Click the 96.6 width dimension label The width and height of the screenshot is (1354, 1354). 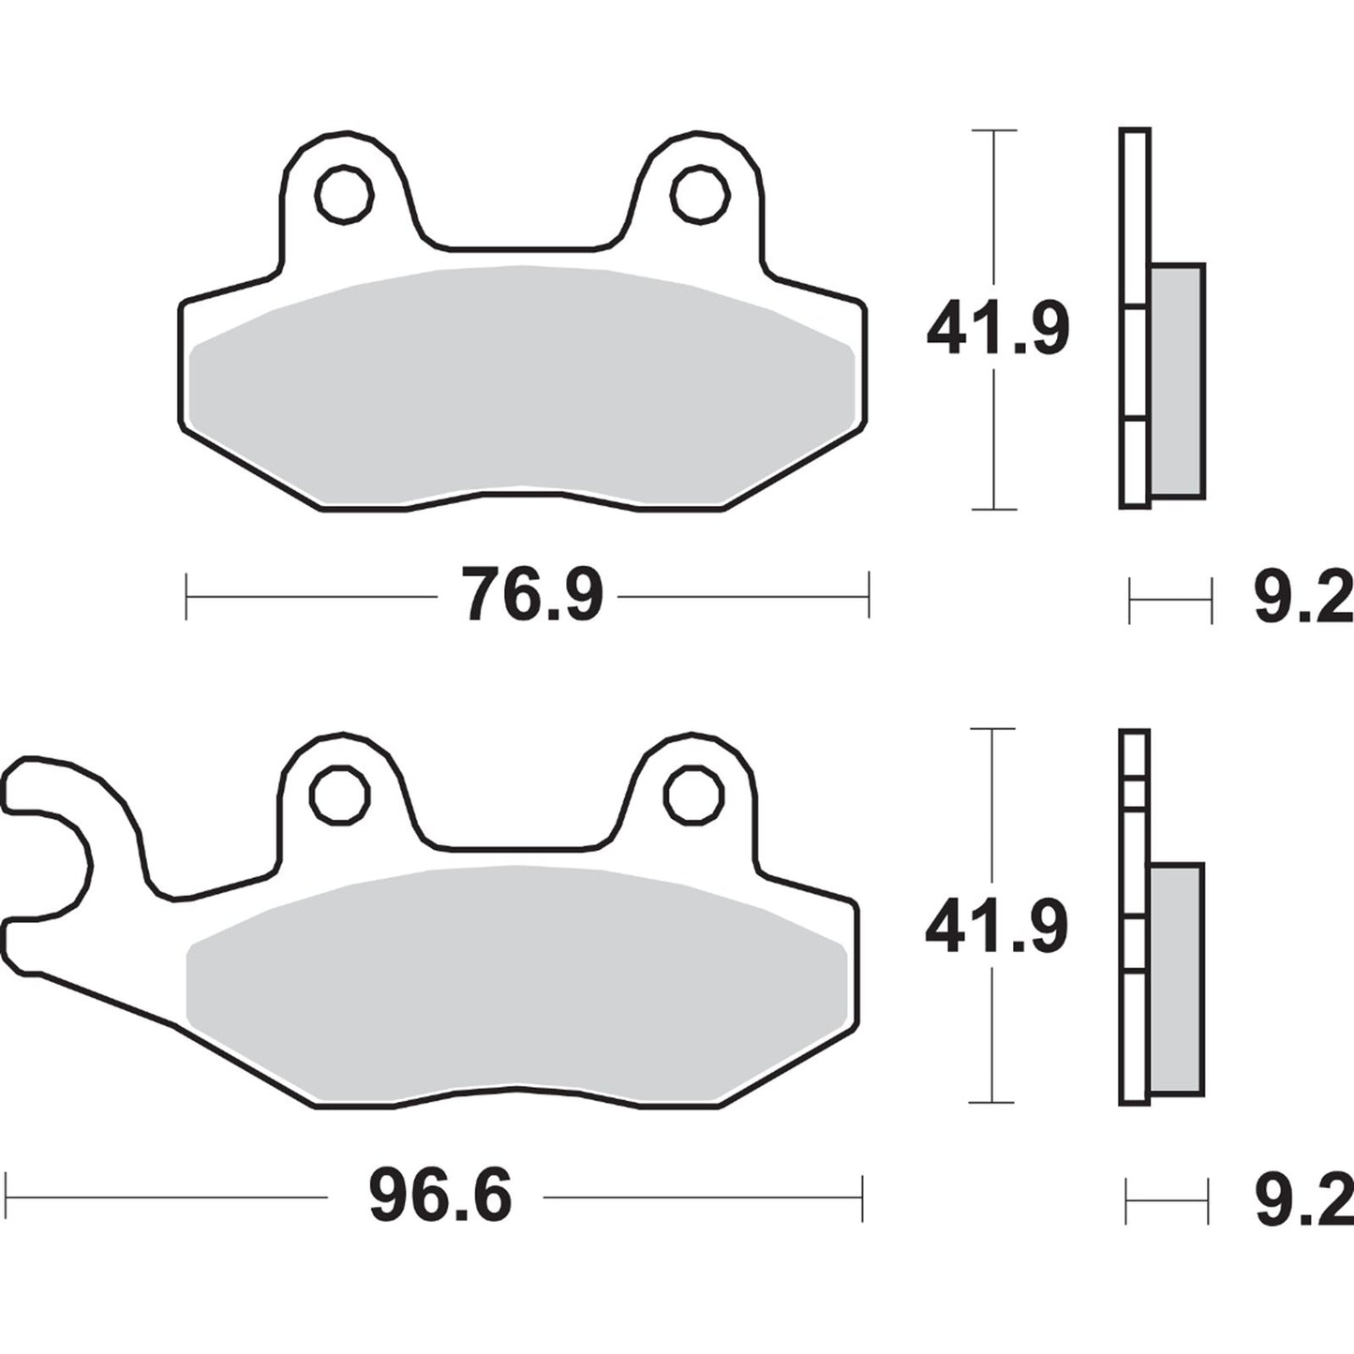click(439, 1197)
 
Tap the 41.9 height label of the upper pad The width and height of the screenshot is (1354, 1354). click(997, 329)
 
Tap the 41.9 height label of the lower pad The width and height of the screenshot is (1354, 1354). click(996, 929)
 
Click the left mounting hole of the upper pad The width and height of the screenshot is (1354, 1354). click(344, 195)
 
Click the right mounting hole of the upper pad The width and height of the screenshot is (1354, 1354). click(700, 195)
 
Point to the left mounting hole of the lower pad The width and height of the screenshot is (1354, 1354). click(339, 796)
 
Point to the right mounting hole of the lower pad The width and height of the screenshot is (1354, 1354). click(694, 796)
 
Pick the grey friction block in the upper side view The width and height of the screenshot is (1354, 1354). click(1177, 380)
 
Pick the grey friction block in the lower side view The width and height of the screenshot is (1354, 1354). click(1176, 978)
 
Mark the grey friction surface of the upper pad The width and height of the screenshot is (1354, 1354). click(521, 384)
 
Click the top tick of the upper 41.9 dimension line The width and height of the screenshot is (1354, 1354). click(993, 131)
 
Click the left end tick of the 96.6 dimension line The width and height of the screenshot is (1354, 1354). click(7, 1197)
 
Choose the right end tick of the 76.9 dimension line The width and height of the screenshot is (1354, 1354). click(869, 595)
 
